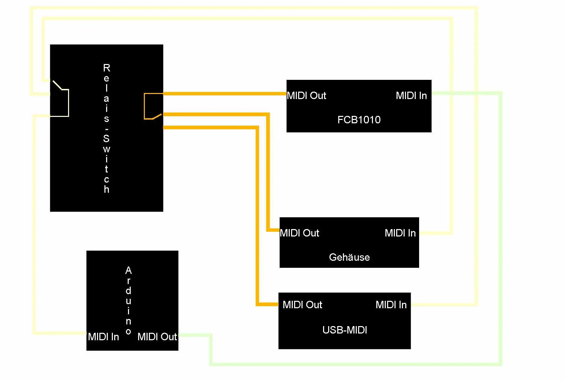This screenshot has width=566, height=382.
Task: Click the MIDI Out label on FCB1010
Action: pyautogui.click(x=306, y=96)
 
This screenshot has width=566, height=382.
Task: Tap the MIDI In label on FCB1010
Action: pyautogui.click(x=411, y=96)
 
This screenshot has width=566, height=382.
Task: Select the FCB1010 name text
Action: pyautogui.click(x=359, y=120)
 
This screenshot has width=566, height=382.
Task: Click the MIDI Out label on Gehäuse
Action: pyautogui.click(x=299, y=233)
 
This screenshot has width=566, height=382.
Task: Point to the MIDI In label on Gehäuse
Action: pyautogui.click(x=400, y=233)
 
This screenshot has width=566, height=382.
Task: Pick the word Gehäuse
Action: pyautogui.click(x=349, y=257)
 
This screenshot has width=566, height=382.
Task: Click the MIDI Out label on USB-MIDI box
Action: pyautogui.click(x=302, y=305)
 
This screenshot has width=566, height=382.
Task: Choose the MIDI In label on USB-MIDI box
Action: pyautogui.click(x=391, y=305)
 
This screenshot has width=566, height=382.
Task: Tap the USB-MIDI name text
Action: pyautogui.click(x=344, y=330)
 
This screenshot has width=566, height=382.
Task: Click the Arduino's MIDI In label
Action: pyautogui.click(x=103, y=337)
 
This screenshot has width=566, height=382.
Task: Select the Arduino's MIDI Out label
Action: pyautogui.click(x=157, y=337)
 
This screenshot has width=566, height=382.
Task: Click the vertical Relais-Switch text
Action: pyautogui.click(x=106, y=128)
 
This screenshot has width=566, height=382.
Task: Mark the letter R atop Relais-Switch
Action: pyautogui.click(x=106, y=68)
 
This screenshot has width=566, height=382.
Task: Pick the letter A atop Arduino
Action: pyautogui.click(x=128, y=270)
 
